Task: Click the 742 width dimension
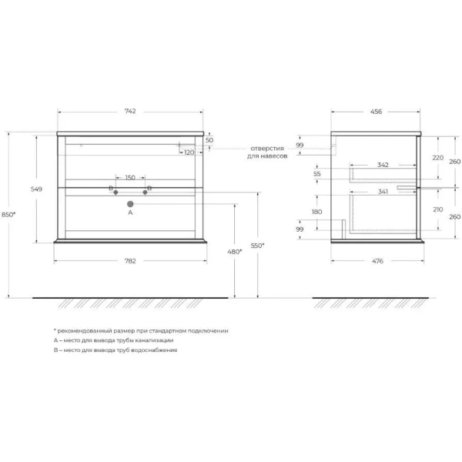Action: [x=130, y=111]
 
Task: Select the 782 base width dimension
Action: [x=130, y=261]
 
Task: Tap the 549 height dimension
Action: [x=36, y=189]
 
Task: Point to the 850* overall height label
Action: [x=8, y=215]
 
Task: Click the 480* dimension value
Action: [x=235, y=252]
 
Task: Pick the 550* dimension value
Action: [x=257, y=245]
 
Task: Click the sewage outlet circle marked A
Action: [x=130, y=204]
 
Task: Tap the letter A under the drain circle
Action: [x=130, y=213]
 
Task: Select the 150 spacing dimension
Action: [x=130, y=178]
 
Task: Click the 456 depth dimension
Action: [x=376, y=112]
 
